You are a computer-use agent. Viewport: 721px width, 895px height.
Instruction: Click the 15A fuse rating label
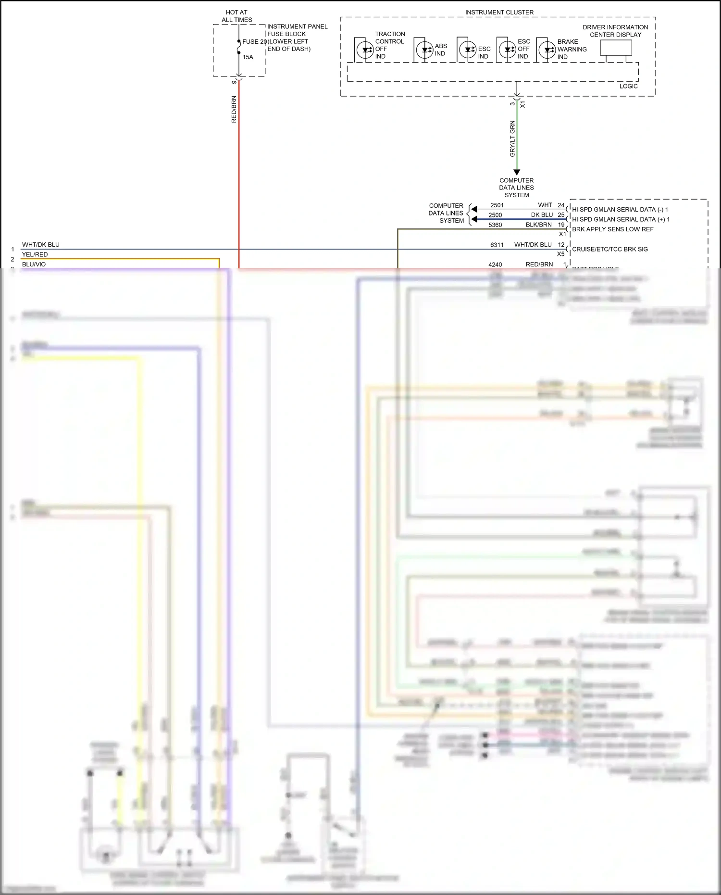coord(248,57)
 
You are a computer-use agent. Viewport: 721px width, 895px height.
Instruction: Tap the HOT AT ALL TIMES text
coord(236,16)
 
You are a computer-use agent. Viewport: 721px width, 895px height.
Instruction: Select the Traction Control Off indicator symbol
coord(365,50)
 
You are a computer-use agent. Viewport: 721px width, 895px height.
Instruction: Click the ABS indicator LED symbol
coord(424,50)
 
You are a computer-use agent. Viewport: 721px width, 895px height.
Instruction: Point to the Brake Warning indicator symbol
coord(547,50)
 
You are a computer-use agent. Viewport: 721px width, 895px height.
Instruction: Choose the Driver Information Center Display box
coord(616,48)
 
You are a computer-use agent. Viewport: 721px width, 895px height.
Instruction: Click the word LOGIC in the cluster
coord(628,87)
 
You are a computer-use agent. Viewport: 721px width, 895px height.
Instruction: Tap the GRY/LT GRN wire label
coord(512,139)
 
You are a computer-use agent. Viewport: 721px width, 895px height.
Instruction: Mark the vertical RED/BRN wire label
coord(234,110)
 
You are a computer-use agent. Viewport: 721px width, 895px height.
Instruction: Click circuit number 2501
coord(497,205)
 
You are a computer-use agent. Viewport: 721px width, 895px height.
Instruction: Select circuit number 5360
coord(495,225)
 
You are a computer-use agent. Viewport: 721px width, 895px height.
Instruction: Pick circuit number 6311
coord(497,245)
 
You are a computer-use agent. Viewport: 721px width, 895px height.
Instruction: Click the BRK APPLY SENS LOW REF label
coord(612,229)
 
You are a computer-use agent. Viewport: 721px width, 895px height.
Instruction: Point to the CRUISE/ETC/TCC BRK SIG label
coord(609,249)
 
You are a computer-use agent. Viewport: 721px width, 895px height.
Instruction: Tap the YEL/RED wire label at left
coord(35,254)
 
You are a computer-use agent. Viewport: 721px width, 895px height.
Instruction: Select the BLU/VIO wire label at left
coord(34,265)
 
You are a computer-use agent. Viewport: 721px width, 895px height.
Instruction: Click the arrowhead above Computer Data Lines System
coord(517,172)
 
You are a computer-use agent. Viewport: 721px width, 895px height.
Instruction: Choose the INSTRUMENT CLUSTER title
coord(499,13)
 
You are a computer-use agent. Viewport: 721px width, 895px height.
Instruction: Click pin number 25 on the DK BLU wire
coord(561,215)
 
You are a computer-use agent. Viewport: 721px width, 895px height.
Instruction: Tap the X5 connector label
coord(560,254)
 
